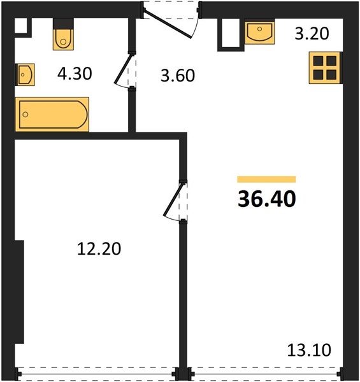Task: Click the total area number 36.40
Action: point(267,199)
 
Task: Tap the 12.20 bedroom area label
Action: point(99,249)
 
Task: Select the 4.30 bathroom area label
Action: point(75,74)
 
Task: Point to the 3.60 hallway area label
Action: point(178,75)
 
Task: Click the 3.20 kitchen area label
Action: point(312,33)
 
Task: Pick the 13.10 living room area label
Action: point(309,350)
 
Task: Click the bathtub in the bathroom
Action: point(52,114)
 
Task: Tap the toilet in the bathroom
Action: point(63,34)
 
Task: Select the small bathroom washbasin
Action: point(25,74)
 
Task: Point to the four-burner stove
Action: point(325,67)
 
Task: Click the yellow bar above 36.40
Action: point(266,180)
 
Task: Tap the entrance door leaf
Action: point(168,24)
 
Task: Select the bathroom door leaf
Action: point(124,69)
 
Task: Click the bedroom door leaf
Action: point(173,199)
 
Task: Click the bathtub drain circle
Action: point(25,114)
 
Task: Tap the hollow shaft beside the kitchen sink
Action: point(231,34)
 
